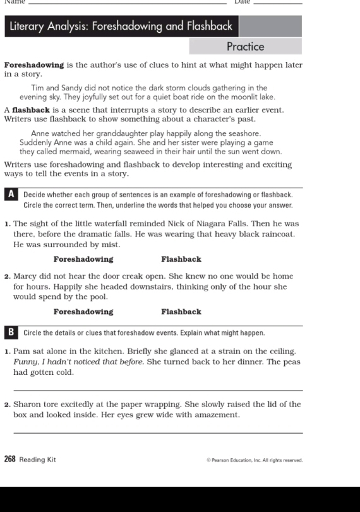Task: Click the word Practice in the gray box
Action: (x=245, y=47)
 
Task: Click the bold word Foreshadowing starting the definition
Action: (x=34, y=65)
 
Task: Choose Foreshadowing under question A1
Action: (x=83, y=259)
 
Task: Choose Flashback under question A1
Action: (x=181, y=259)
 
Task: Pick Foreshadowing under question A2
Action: (x=83, y=312)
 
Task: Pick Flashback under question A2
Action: (x=181, y=312)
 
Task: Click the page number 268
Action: (x=10, y=460)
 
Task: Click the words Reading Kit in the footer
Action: (x=37, y=460)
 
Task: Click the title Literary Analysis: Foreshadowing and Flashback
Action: (x=121, y=27)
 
